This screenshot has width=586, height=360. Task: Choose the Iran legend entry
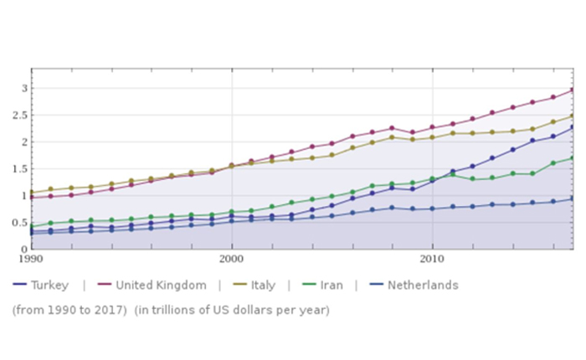click(x=332, y=285)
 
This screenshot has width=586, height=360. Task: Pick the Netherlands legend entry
click(x=416, y=285)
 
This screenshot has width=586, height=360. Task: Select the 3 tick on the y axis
click(x=24, y=88)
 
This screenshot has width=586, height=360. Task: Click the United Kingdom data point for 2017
click(x=572, y=90)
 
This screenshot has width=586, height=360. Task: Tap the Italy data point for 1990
click(x=31, y=193)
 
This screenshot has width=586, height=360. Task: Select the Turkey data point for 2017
click(x=572, y=128)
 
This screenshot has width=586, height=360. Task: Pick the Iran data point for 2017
click(x=572, y=157)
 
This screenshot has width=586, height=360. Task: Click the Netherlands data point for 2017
click(x=572, y=198)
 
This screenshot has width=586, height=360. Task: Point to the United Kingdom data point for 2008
click(x=392, y=128)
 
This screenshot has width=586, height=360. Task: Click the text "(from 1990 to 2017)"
click(x=64, y=310)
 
